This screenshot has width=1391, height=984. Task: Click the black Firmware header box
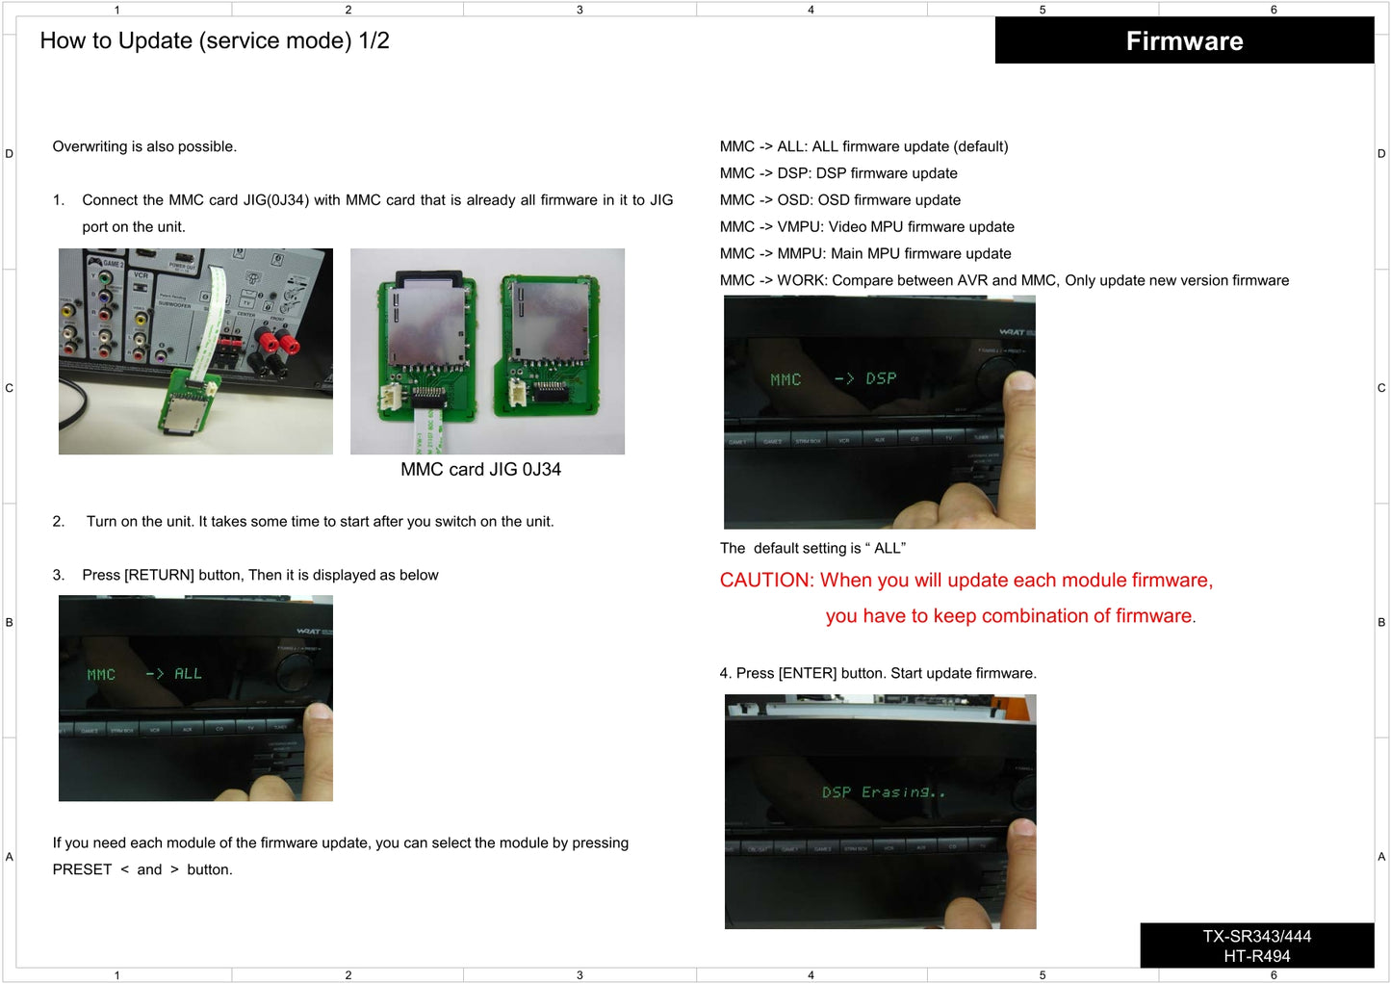coord(1184,40)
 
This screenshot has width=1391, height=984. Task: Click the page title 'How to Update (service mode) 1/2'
coord(215,40)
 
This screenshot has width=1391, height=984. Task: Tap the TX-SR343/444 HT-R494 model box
coord(1256,945)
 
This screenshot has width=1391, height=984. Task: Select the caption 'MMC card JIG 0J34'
coord(480,470)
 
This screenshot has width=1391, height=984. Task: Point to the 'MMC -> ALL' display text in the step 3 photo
coord(144,674)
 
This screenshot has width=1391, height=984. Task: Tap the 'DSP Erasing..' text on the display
coord(883,792)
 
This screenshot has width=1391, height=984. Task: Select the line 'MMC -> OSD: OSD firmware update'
coord(839,200)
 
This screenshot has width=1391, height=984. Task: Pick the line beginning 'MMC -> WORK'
coord(1004,280)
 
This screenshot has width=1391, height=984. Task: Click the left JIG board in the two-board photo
coord(426,347)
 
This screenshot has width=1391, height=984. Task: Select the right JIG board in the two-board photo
coord(544,342)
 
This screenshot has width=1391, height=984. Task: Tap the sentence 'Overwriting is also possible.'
coord(144,146)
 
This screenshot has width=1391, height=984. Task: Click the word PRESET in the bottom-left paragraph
coord(82,869)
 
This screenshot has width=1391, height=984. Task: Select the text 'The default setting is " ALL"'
coord(812,548)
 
